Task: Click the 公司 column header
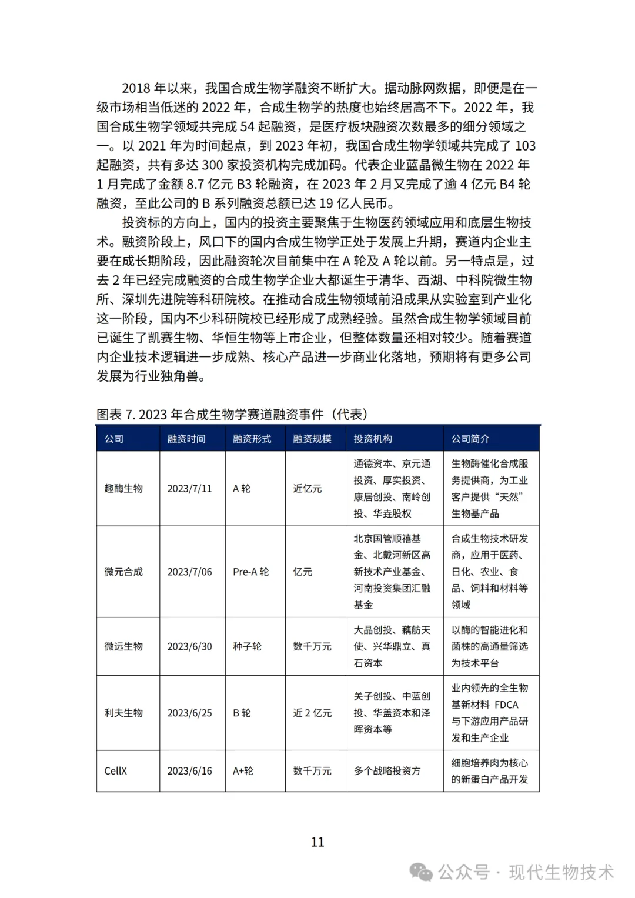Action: [114, 439]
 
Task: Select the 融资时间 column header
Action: [186, 439]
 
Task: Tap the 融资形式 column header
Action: [252, 439]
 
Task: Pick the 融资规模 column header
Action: [312, 439]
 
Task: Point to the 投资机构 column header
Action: [373, 439]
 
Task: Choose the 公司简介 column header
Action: [470, 439]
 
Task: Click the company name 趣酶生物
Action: [123, 488]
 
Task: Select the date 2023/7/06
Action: [189, 572]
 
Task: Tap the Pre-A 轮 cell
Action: [250, 572]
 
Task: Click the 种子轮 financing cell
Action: [247, 646]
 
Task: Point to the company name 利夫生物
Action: [123, 713]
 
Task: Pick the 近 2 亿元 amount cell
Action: [312, 713]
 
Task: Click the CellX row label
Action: [116, 771]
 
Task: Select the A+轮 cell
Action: [243, 771]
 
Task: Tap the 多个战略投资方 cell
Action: [387, 771]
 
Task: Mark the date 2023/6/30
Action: [189, 646]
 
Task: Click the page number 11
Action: [317, 842]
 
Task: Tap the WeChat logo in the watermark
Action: [422, 872]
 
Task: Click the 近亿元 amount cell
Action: [308, 488]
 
